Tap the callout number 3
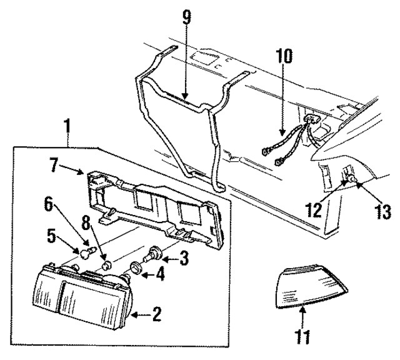click(x=183, y=257)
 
